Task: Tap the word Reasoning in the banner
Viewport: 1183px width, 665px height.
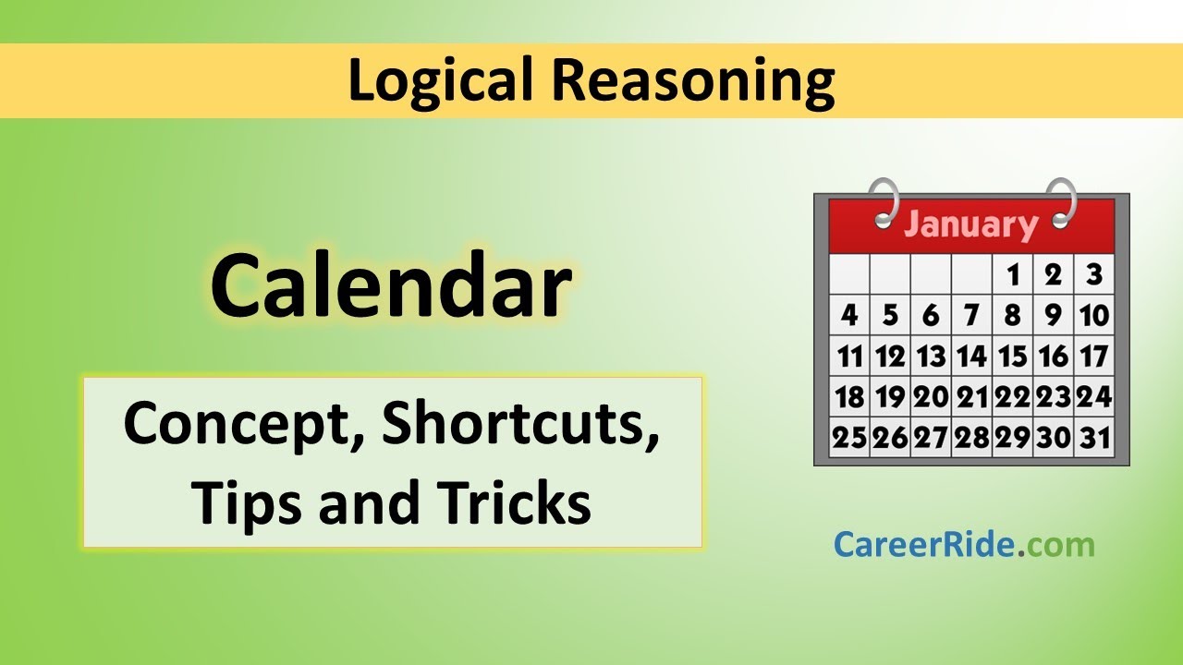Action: [x=693, y=80]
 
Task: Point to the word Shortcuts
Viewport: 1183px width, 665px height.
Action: [x=521, y=424]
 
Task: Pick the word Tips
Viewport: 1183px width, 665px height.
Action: [x=244, y=503]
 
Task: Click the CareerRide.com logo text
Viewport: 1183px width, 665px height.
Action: [x=963, y=544]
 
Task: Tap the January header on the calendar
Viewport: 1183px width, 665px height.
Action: [x=970, y=225]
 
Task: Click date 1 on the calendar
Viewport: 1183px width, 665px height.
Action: [x=1013, y=274]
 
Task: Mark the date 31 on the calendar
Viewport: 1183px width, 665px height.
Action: [x=1094, y=437]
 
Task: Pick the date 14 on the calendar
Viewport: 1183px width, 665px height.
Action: [x=971, y=356]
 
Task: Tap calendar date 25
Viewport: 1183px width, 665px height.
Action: [x=849, y=437]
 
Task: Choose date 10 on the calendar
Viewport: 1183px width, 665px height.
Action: [x=1094, y=315]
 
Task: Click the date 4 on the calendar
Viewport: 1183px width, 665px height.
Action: [x=849, y=315]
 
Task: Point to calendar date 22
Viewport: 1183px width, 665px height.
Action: [x=1013, y=396]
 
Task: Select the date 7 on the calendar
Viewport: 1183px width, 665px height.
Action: [x=971, y=315]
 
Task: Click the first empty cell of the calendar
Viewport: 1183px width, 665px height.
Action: [x=849, y=274]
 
